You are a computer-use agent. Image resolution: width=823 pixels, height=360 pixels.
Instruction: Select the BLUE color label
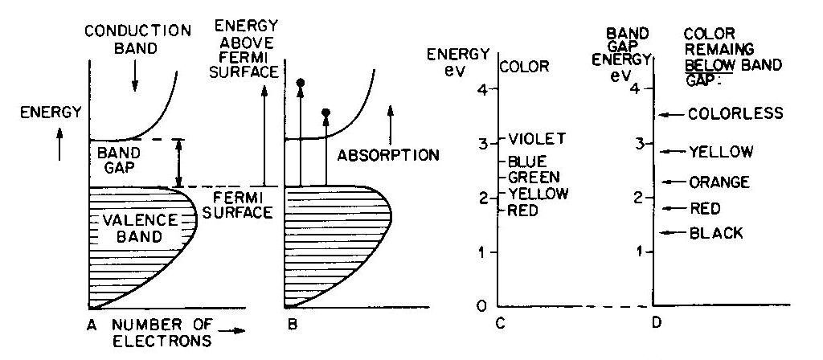tap(527, 162)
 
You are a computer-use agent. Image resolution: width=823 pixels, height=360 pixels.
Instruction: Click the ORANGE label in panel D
tap(719, 182)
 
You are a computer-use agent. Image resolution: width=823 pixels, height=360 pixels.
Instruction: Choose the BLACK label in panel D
tap(716, 233)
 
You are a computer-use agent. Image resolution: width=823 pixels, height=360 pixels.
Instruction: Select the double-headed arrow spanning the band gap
tap(179, 163)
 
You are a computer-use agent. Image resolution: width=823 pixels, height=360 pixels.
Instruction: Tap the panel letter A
tap(93, 327)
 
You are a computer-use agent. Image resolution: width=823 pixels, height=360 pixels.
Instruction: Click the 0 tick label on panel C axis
tap(481, 306)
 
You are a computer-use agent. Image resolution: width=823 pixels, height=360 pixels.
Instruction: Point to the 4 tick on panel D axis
tap(641, 88)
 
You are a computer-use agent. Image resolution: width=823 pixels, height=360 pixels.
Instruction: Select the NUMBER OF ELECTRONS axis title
tap(161, 333)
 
